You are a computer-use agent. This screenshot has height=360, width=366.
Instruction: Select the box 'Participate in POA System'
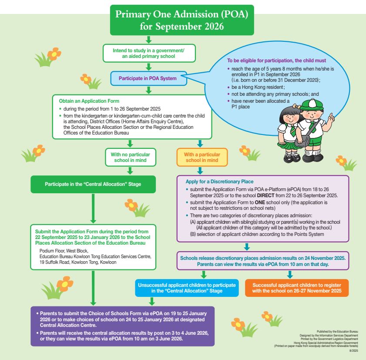tap(149, 78)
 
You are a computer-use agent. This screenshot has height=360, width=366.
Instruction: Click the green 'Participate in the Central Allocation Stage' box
tap(93, 184)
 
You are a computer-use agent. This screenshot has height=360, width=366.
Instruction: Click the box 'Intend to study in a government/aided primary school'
tap(149, 53)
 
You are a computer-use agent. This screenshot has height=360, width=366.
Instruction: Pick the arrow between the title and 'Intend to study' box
tap(149, 40)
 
